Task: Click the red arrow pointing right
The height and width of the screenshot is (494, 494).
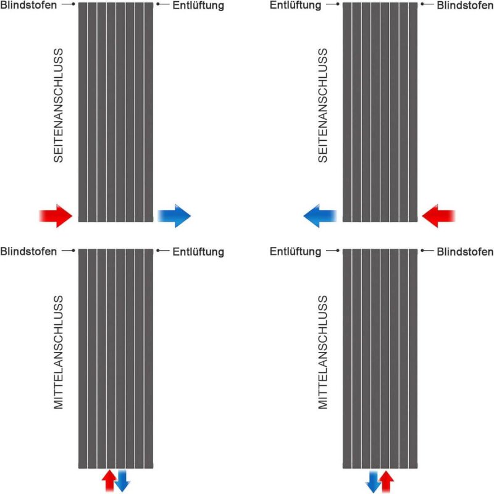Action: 56,216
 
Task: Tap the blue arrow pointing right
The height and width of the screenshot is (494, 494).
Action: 174,216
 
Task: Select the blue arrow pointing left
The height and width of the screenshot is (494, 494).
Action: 320,216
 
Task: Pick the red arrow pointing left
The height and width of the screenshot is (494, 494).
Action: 438,216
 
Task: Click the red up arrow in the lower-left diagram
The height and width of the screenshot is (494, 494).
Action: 109,480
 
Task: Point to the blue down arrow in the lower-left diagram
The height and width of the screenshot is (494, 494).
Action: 122,481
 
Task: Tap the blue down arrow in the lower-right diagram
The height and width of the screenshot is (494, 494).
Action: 374,482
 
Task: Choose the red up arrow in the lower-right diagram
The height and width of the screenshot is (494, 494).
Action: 387,482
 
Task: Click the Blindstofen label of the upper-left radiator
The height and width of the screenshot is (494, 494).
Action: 28,5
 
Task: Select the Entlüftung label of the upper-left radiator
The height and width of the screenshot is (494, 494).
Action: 198,6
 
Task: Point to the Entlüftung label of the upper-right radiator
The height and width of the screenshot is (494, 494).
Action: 296,6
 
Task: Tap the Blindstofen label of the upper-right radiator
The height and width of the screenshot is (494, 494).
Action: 466,5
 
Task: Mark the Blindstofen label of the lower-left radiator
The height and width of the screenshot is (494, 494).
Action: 28,251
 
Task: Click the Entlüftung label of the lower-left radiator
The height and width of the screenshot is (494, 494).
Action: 198,252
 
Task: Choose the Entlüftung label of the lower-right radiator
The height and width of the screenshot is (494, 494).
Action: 296,252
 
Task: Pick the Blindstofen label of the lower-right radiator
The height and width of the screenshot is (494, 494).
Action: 466,251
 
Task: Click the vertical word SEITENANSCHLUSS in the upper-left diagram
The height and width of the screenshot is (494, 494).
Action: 59,105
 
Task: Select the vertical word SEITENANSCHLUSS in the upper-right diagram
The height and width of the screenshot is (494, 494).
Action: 323,105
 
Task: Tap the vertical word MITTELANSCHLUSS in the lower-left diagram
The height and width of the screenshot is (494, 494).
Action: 59,352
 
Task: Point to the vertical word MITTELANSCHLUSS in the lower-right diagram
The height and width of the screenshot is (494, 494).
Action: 323,352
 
